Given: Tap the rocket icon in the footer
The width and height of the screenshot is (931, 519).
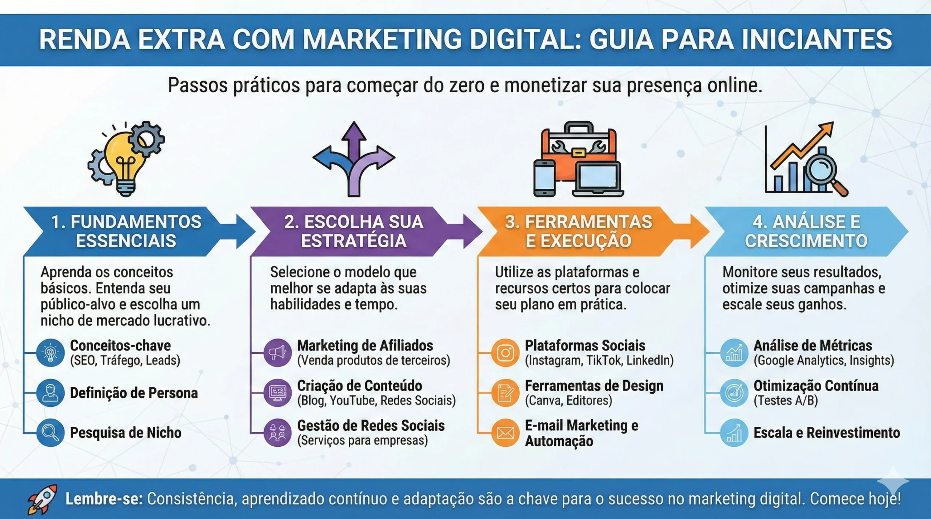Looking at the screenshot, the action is point(43,499).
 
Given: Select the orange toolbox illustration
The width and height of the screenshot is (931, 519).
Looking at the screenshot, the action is point(578,145).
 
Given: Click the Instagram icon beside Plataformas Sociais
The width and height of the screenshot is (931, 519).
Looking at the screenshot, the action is point(505,353).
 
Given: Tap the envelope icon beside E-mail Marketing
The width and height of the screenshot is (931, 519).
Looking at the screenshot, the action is point(505,433).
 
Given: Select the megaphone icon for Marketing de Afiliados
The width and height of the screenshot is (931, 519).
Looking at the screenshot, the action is point(277,353).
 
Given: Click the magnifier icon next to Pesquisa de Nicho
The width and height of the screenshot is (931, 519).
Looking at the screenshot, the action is point(50,433).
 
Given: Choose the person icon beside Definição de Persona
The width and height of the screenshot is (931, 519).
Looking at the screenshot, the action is point(50,393).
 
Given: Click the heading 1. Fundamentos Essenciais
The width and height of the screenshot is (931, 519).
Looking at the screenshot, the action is point(126,231).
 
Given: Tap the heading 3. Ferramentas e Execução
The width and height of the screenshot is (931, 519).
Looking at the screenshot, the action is point(579,231).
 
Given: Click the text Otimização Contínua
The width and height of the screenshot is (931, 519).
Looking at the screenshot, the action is point(816,386).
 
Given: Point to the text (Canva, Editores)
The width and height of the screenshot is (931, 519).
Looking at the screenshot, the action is point(568,401).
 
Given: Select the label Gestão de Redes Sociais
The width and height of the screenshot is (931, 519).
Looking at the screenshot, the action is point(371,426).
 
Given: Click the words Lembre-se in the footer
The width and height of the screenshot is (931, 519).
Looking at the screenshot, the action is point(104,499).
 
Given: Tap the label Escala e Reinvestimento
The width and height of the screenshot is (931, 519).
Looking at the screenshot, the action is point(827,433).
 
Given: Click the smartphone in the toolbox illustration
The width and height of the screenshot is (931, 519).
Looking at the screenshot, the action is point(544,178).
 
